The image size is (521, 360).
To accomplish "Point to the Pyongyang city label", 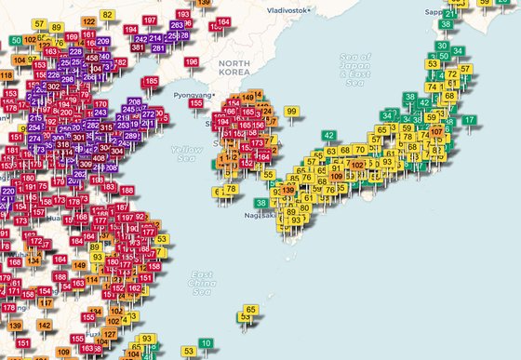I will tap(190, 95).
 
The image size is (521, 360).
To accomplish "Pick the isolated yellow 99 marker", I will tap(291, 112).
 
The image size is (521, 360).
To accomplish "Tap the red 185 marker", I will tap(150, 82).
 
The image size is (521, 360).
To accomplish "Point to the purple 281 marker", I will tap(157, 48).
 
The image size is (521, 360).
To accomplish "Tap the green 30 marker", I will tap(442, 47).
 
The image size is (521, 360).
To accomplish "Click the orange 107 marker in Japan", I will tap(437, 132).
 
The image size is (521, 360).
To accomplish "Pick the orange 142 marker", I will tap(45, 326).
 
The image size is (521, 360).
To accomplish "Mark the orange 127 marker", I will tap(110, 334).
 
